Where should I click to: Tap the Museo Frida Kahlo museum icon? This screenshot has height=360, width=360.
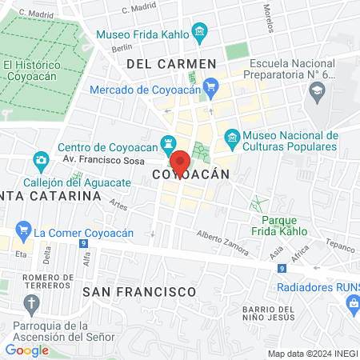pos(200,34)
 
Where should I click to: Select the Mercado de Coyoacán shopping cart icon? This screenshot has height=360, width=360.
pos(210,85)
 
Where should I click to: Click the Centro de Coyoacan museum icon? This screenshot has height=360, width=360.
pos(168,145)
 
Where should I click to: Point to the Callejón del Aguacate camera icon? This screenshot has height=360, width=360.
pos(40,161)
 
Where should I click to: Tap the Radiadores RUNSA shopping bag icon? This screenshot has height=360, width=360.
pos(351,303)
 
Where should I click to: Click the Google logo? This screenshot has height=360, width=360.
pos(26,350)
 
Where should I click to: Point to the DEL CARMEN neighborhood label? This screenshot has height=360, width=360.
pos(171,63)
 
